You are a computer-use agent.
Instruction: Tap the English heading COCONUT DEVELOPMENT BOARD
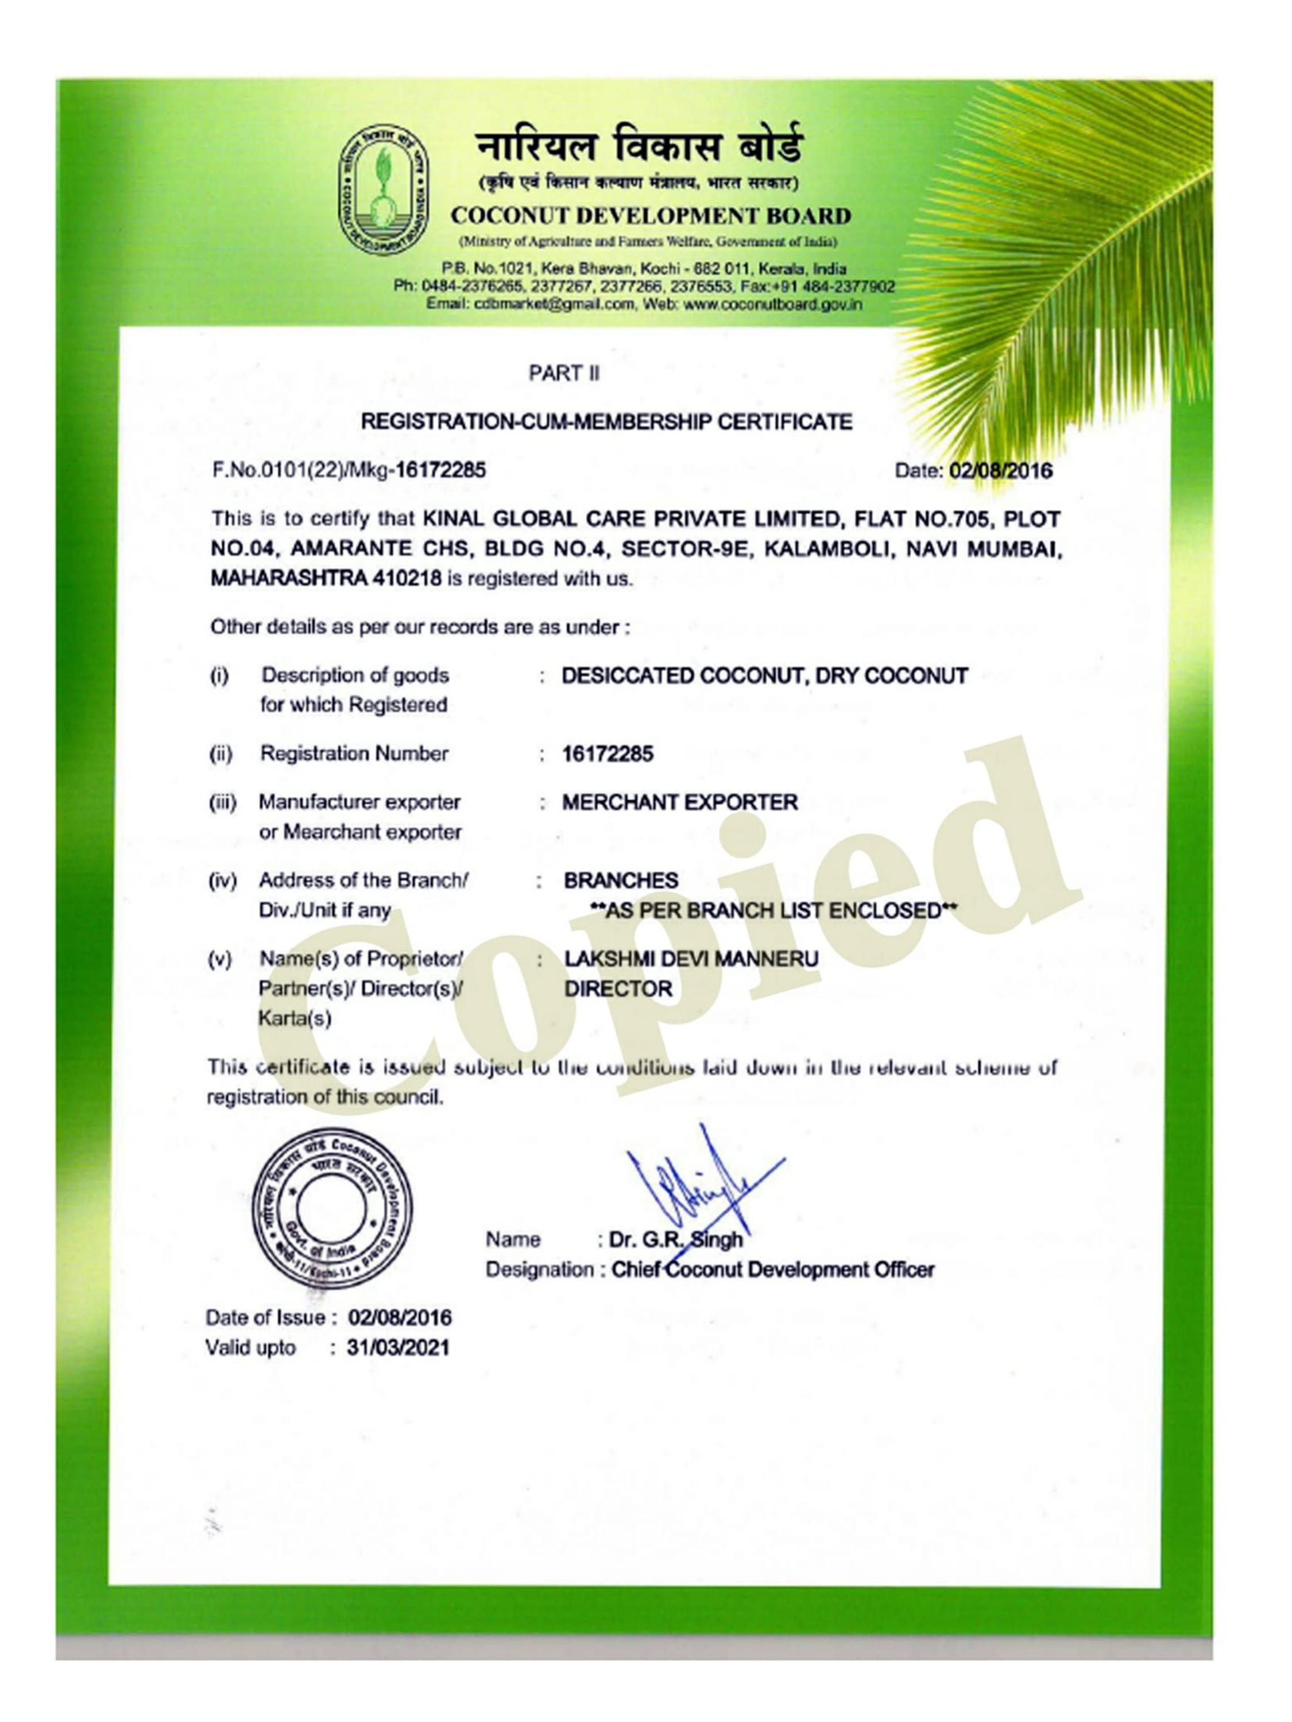pyautogui.click(x=650, y=216)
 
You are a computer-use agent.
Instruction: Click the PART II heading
pyautogui.click(x=564, y=374)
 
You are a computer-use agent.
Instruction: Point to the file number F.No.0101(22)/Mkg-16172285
pyautogui.click(x=349, y=470)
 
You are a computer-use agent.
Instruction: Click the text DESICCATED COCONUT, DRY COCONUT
pyautogui.click(x=764, y=675)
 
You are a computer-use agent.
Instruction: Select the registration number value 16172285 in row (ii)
pyautogui.click(x=608, y=754)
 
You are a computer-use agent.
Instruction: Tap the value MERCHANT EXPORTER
pyautogui.click(x=680, y=802)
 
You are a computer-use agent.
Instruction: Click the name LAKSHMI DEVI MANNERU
pyautogui.click(x=691, y=959)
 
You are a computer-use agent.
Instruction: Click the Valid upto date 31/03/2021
pyautogui.click(x=398, y=1348)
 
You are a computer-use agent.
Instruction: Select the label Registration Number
pyautogui.click(x=354, y=754)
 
